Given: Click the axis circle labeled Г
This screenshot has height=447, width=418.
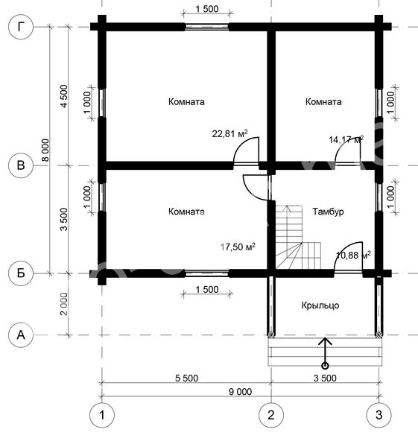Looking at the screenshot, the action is tap(21, 27).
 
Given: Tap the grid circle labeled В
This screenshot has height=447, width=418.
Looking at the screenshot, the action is tap(21, 165).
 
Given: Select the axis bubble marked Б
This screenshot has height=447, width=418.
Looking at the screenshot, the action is tap(21, 273).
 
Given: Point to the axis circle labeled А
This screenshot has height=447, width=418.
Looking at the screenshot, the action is tap(21, 335).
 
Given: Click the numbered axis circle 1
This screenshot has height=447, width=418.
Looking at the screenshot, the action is tap(102, 415).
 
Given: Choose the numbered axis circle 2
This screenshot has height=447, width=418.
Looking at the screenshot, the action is tap(271, 415).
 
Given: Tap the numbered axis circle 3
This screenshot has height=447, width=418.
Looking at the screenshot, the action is tap(379, 415).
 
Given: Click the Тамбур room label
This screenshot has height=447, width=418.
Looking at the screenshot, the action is tap(328, 212).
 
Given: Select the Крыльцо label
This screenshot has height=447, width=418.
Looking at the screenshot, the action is tap(320, 305).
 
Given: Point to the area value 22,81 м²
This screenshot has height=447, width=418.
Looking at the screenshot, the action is tap(229, 133).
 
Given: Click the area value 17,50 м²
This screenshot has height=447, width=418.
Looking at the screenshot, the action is tap(238, 247).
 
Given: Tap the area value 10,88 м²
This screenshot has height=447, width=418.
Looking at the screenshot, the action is tap(353, 255).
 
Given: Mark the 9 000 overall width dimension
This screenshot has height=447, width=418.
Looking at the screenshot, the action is tap(241, 392).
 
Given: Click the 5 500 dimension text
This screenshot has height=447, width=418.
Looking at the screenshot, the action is tap(186, 378).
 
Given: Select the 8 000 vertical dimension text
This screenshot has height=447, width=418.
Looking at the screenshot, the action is tap(45, 150).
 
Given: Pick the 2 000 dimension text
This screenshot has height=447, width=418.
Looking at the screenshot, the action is tap(64, 304).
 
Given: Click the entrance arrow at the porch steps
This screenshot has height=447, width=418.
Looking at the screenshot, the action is tap(325, 353).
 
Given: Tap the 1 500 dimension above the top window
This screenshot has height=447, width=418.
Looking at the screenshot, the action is tap(207, 9).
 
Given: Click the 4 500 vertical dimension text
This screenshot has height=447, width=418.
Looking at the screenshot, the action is tap(64, 96).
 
